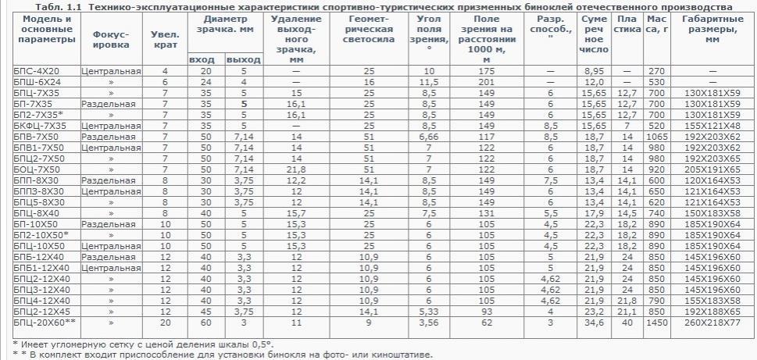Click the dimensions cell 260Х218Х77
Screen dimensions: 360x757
tap(711, 322)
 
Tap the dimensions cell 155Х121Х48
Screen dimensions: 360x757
tap(711, 125)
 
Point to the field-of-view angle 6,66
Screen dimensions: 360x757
tap(427, 136)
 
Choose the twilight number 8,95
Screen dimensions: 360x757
tap(595, 71)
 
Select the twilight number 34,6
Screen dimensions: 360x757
tap(595, 322)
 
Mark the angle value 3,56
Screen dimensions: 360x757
tap(427, 322)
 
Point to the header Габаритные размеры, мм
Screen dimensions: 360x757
tap(711, 32)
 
